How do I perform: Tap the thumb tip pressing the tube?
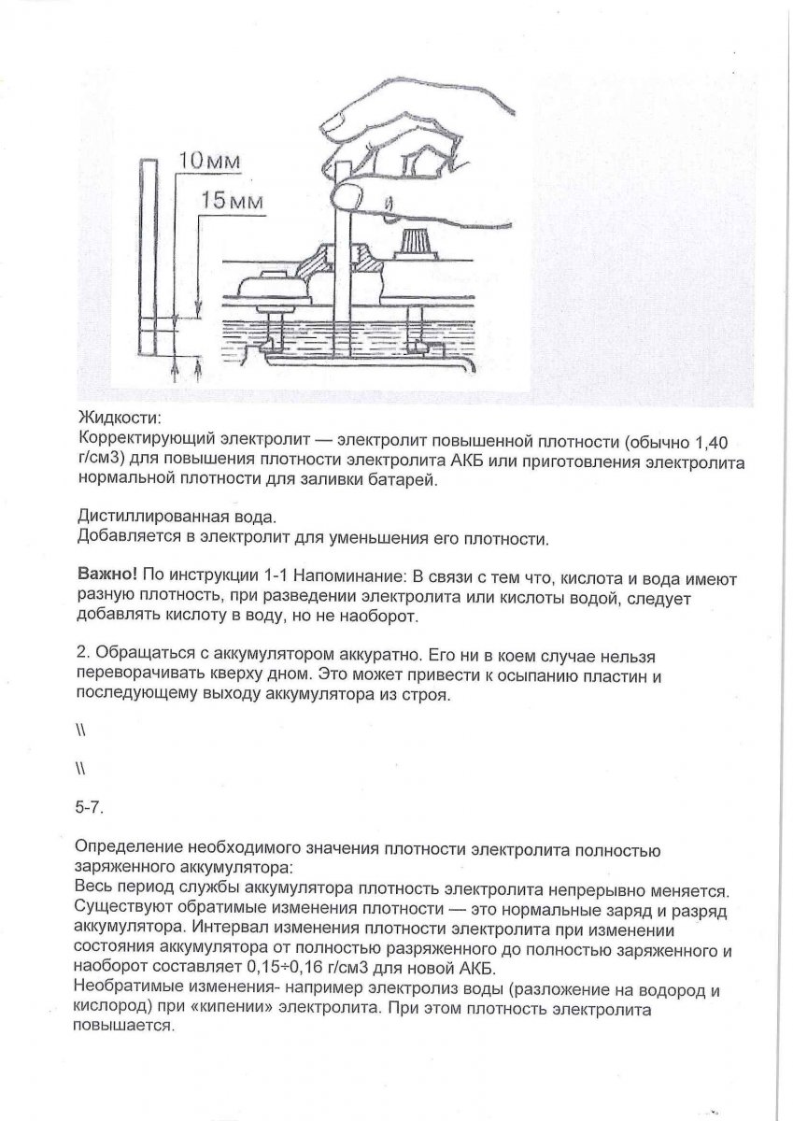[x=349, y=195]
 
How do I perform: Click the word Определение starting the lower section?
[x=128, y=851]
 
